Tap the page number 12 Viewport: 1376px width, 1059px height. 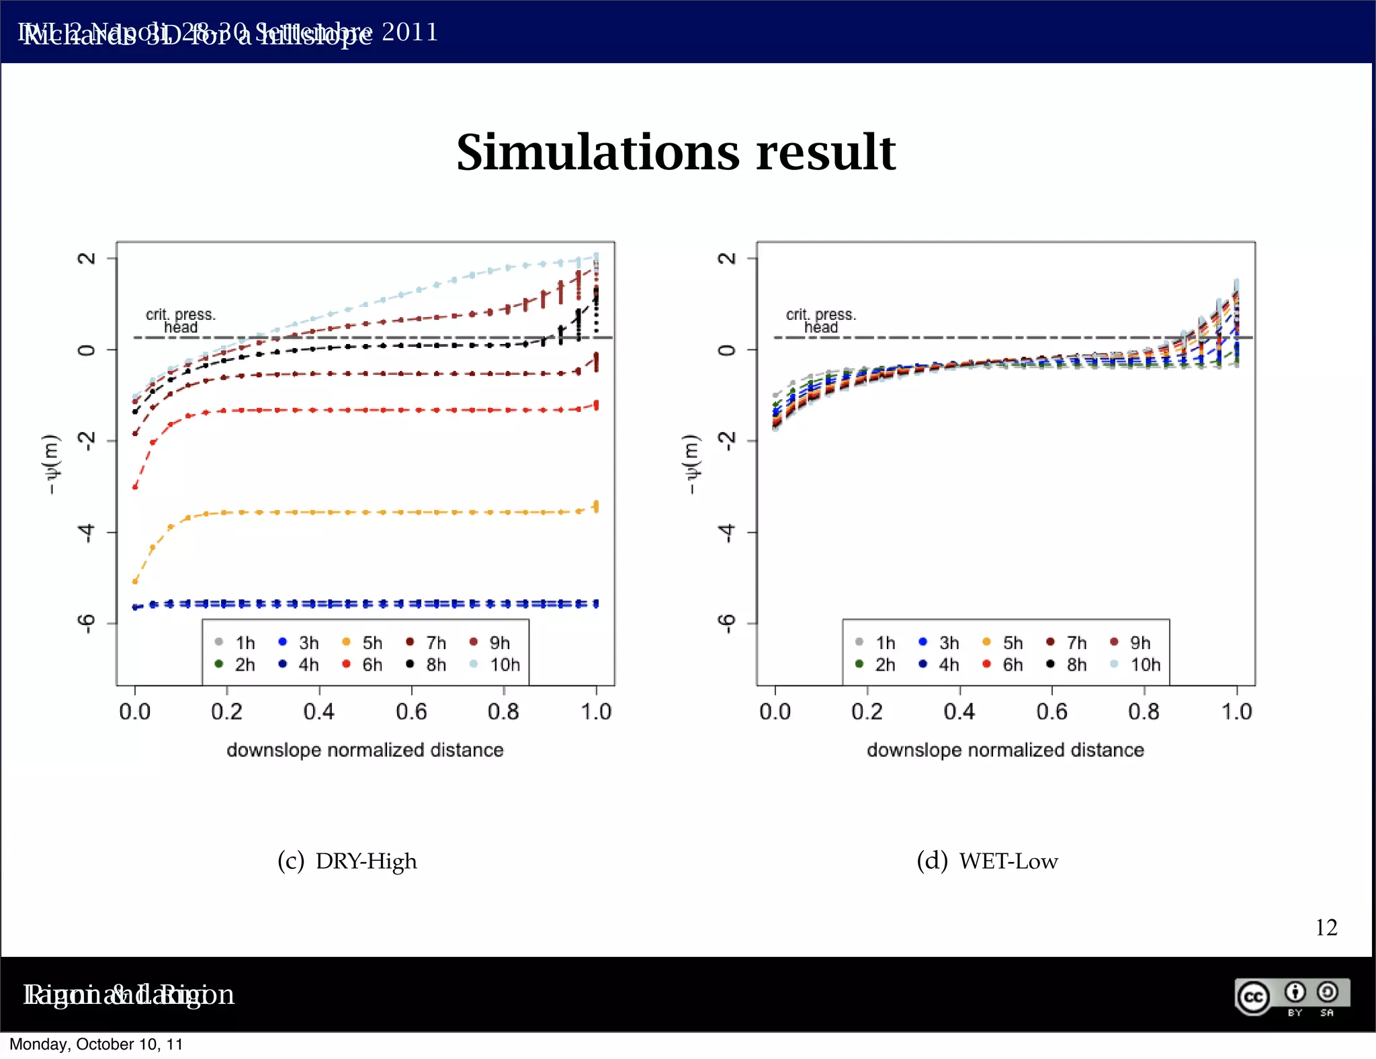coord(1326,927)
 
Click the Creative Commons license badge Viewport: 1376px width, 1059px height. coord(1291,997)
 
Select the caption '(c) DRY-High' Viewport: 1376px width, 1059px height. coord(347,861)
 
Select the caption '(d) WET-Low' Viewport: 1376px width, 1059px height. coord(987,861)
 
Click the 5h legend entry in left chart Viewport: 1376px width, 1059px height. coord(363,643)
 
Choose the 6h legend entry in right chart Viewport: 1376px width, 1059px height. coord(1004,665)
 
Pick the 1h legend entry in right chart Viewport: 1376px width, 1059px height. coord(876,643)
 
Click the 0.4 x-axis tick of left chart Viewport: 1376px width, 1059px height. coord(319,712)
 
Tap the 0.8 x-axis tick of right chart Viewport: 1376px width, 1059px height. coord(1144,712)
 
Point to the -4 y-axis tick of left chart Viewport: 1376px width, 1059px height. coord(86,533)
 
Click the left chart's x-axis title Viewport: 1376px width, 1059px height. coord(365,750)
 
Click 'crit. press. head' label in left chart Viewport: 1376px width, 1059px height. coord(181,321)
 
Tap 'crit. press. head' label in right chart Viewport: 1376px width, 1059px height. coord(821,321)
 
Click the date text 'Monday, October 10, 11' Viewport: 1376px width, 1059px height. coord(96,1044)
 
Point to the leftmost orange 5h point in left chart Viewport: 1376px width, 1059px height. coord(135,581)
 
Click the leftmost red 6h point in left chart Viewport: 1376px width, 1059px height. coord(135,486)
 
